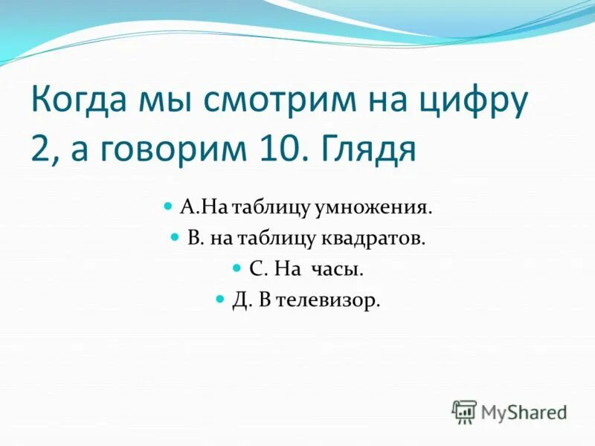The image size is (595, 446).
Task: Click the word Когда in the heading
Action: pos(81,103)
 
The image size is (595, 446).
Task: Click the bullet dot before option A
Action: pos(167,203)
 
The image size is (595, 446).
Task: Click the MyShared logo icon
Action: pos(463,411)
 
